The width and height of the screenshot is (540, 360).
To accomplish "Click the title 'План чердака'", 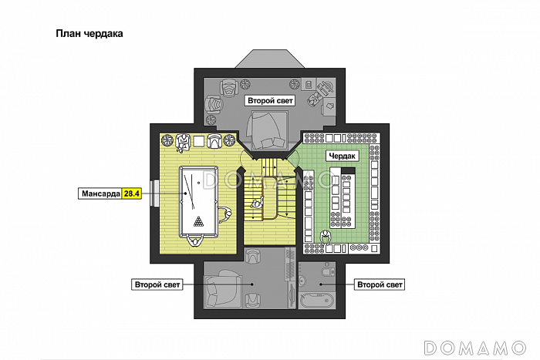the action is coord(89,34).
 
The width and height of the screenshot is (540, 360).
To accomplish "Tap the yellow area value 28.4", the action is coord(132,193).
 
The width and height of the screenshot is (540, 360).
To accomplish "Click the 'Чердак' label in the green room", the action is coord(342,156).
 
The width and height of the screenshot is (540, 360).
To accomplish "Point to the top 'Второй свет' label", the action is coord(270,101).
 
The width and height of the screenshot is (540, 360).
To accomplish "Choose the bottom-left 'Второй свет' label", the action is coord(157,284).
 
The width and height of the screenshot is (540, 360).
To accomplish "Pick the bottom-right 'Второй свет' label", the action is coord(380,284).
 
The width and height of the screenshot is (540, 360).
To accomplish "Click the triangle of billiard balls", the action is coord(198,221).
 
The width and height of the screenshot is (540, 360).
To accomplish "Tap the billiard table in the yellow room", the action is coord(199,202).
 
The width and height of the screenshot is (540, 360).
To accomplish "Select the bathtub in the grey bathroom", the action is coord(316,300).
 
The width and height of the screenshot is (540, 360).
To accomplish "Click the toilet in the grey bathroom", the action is coord(328,270).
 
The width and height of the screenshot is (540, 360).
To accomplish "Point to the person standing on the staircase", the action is coord(257,203).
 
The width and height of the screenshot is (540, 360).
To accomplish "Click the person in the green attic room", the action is coord(325,237).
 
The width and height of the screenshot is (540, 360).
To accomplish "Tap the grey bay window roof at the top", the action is coord(270,59).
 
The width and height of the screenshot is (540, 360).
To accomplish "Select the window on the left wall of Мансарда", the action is coord(154,193).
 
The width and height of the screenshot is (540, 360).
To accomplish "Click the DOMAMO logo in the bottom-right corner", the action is coord(475,348).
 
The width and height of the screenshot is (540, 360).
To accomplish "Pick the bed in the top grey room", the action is coord(267,130).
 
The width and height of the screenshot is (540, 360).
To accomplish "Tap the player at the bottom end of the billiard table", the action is coord(196,241).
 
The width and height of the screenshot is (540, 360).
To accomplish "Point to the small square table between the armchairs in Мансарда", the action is coord(198,141).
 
